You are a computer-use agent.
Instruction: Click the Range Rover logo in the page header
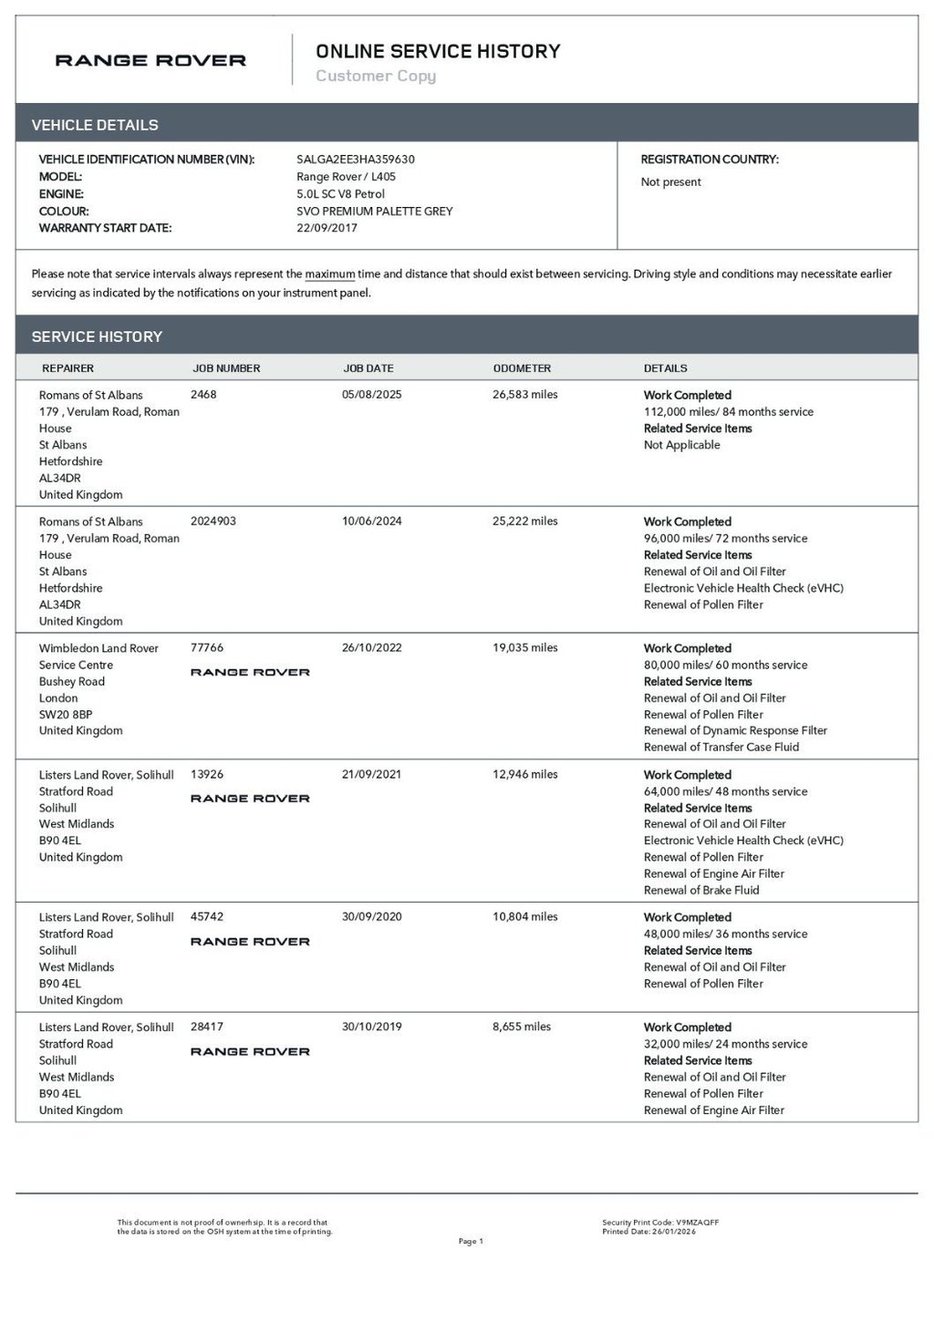click(150, 61)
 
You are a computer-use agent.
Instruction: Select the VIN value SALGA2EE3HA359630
click(356, 160)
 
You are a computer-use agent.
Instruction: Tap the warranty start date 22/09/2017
click(327, 228)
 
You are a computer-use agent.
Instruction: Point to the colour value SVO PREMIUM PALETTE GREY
click(374, 212)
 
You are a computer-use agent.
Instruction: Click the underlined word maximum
click(329, 274)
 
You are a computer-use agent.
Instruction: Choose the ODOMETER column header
click(522, 368)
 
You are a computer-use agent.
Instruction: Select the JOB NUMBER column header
click(226, 368)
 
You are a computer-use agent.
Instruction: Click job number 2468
click(203, 395)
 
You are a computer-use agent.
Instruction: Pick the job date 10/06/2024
click(371, 522)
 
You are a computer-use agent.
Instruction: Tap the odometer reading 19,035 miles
click(524, 648)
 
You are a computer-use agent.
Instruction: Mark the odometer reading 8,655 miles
click(521, 1027)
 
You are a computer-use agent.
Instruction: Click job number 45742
click(207, 917)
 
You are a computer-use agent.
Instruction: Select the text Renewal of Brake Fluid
click(701, 891)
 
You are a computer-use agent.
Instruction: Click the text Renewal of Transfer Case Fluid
click(721, 748)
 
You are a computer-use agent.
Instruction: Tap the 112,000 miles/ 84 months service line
click(728, 412)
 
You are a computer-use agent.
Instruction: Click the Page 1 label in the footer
click(471, 1241)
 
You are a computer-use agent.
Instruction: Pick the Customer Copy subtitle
click(376, 77)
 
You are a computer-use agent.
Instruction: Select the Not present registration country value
click(670, 182)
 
